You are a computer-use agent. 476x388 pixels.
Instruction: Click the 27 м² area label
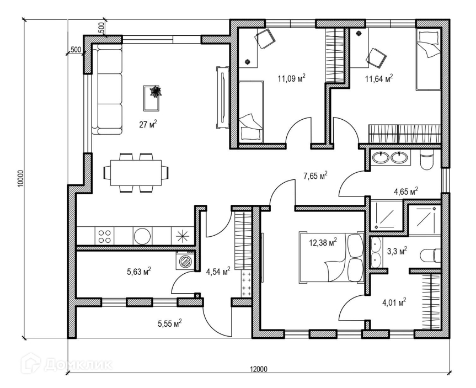pos(148,124)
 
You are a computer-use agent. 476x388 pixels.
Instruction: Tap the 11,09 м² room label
pos(291,78)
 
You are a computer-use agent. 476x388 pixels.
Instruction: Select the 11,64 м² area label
pos(378,79)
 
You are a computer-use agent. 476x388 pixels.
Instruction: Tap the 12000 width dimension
pos(258,369)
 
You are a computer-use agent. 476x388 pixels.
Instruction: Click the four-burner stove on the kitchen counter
pos(105,236)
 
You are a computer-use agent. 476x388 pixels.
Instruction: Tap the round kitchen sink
pos(142,236)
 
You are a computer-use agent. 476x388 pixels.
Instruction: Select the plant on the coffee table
pos(155,92)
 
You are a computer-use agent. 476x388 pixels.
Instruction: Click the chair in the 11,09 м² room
pos(265,39)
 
